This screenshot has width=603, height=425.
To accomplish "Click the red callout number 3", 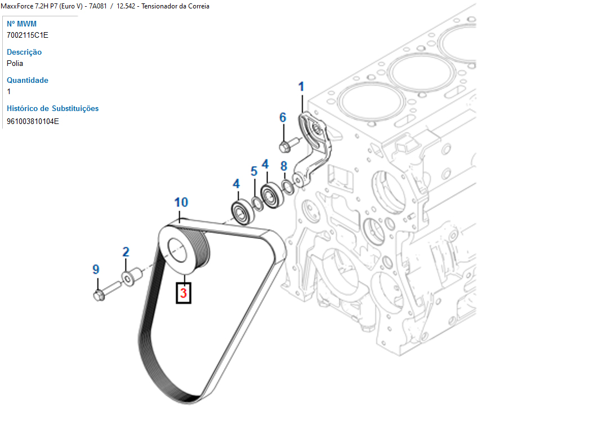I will pyautogui.click(x=184, y=293).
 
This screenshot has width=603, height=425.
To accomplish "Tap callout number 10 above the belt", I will pyautogui.click(x=181, y=202).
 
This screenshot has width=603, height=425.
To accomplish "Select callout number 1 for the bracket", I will pyautogui.click(x=301, y=87).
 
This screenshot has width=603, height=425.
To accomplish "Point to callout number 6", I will pyautogui.click(x=283, y=118).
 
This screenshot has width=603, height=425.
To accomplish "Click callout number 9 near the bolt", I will pyautogui.click(x=96, y=270).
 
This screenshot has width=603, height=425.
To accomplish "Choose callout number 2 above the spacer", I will pyautogui.click(x=126, y=252).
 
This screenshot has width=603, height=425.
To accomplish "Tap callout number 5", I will pyautogui.click(x=254, y=171).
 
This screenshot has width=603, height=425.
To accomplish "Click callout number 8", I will pyautogui.click(x=284, y=166).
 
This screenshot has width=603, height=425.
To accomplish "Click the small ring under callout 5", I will pyautogui.click(x=256, y=202).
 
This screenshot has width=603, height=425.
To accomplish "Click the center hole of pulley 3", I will pyautogui.click(x=177, y=250).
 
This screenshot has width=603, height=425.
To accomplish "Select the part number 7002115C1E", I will pyautogui.click(x=28, y=35).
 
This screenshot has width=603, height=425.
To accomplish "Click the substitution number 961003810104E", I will pyautogui.click(x=33, y=121).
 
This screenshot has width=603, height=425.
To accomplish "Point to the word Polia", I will pyautogui.click(x=15, y=63).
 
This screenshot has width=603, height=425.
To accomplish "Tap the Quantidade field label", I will pyautogui.click(x=28, y=80).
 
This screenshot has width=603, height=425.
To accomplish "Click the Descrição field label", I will pyautogui.click(x=24, y=52).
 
